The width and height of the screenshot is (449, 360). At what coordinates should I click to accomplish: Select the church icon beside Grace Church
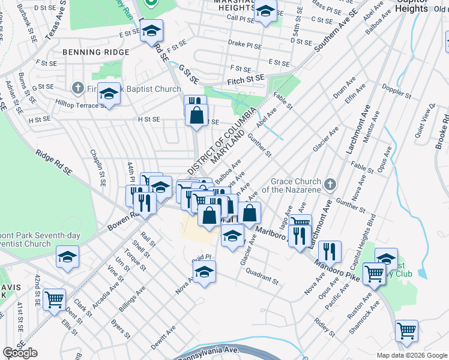(328, 184)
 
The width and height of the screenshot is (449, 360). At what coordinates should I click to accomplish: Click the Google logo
(20, 352)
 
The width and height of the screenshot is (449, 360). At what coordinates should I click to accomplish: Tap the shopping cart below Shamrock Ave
(406, 330)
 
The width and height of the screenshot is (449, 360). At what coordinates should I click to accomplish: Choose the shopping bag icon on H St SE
(196, 114)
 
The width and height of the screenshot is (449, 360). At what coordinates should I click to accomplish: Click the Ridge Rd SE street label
(53, 163)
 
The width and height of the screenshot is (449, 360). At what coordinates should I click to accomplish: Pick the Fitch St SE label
(246, 79)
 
